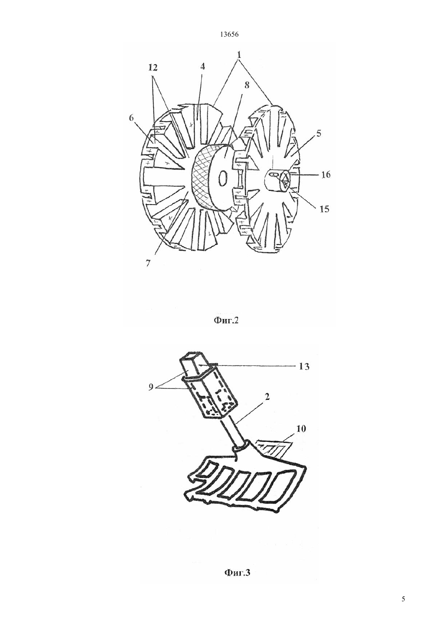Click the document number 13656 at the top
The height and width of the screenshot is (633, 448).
point(229,35)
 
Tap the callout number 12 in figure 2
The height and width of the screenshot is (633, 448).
point(152,68)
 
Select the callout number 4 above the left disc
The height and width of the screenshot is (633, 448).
point(202,66)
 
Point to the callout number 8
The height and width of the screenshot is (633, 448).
point(247,85)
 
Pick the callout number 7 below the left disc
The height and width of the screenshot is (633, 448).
point(147,263)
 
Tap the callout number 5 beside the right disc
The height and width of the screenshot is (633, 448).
point(319,134)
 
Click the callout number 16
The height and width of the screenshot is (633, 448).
point(326,175)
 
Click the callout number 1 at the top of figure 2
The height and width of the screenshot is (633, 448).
point(239,55)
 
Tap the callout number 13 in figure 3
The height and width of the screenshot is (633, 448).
point(304,367)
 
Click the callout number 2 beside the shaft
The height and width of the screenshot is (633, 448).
point(267,397)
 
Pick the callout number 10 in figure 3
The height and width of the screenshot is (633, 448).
point(301,429)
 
